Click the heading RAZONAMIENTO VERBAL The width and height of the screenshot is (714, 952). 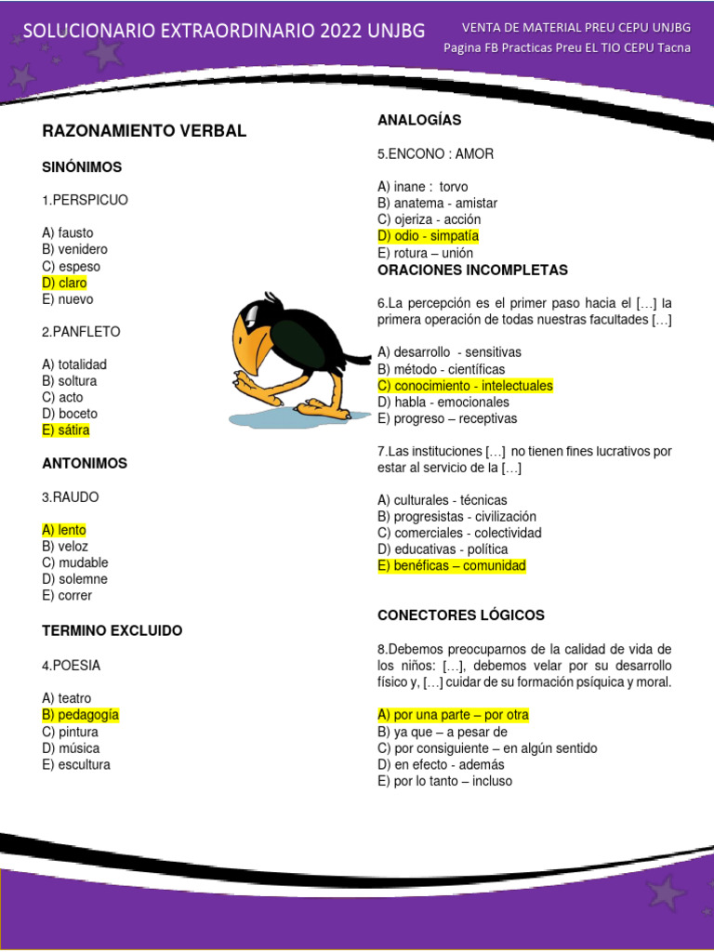pos(144,131)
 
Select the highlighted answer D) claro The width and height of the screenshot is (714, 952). pos(64,283)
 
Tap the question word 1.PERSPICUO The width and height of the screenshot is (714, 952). pos(85,200)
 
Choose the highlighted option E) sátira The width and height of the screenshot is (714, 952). pos(66,430)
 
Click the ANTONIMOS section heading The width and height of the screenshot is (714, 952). pos(85,463)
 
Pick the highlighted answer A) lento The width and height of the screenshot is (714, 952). pos(64,530)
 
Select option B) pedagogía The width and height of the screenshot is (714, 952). pos(81,715)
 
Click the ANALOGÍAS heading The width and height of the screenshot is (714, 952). pos(419,120)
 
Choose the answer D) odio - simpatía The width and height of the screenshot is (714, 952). pos(428,236)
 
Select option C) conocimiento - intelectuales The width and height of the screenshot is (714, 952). pos(465,386)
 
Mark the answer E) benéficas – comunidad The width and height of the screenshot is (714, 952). pos(452,565)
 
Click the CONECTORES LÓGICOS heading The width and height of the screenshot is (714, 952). pos(461,615)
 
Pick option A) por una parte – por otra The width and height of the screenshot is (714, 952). pos(453,715)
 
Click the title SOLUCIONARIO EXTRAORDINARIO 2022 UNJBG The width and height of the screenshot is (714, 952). pos(224,31)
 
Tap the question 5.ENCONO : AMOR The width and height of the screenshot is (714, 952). pos(436,153)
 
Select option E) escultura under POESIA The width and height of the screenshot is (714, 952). pos(76,765)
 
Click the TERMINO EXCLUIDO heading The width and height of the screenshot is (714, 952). pos(112,630)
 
